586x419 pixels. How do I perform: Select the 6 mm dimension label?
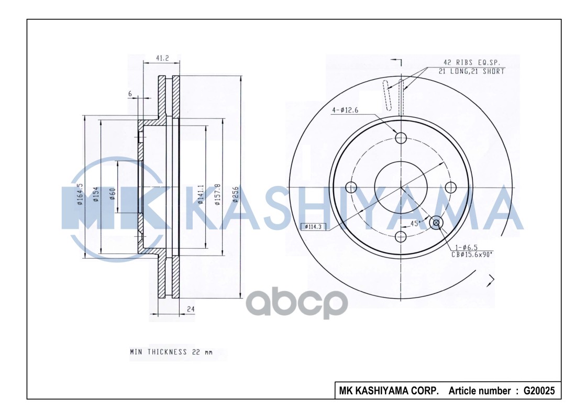tap(130, 93)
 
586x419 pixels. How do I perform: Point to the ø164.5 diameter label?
tap(80, 194)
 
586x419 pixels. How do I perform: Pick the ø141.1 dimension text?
tap(201, 194)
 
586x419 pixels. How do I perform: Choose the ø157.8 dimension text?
tap(217, 194)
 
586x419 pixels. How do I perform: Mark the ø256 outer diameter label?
tap(236, 194)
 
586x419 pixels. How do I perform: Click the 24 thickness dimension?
tap(191, 310)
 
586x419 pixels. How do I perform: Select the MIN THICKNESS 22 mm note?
tap(171, 352)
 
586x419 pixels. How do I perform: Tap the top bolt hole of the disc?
tap(401, 138)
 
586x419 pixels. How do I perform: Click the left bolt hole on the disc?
tap(351, 188)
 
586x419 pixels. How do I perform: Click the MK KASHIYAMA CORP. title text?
tap(389, 391)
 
